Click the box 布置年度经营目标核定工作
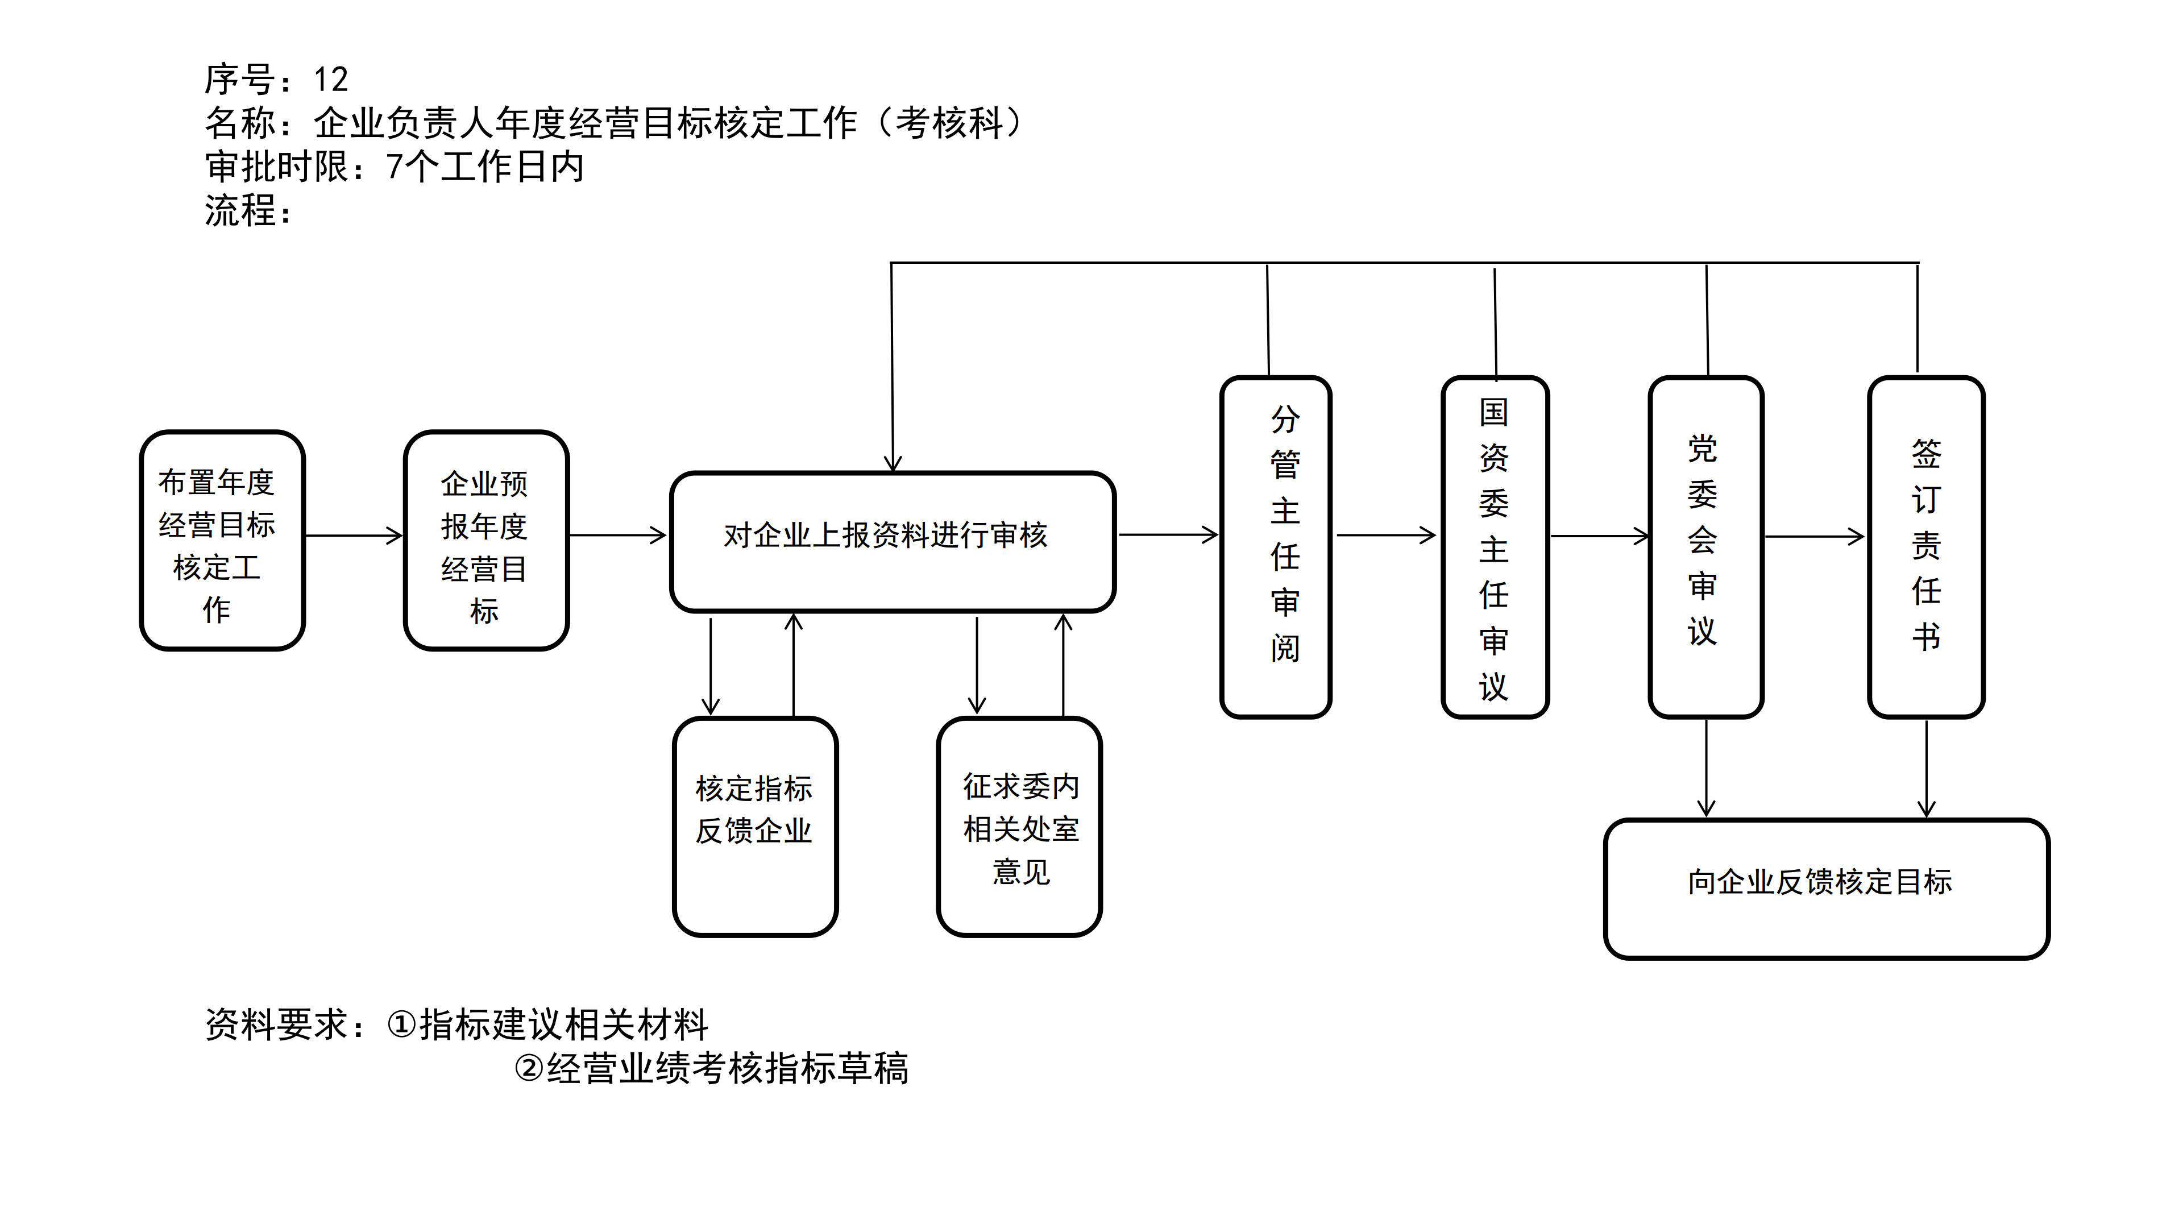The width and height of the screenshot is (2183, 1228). click(x=222, y=541)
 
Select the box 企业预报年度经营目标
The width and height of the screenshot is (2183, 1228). click(x=485, y=541)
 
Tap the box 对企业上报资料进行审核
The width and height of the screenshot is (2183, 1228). click(x=893, y=542)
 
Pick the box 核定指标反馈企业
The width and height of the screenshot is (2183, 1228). click(x=755, y=826)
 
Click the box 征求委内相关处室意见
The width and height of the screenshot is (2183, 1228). click(x=1019, y=826)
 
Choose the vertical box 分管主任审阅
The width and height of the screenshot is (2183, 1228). click(x=1275, y=546)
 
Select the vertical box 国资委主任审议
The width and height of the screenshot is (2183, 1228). click(x=1495, y=546)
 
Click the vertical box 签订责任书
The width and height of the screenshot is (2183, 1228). click(x=1925, y=546)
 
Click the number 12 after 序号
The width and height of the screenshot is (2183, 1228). click(x=330, y=80)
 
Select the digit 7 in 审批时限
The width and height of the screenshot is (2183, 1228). click(x=394, y=167)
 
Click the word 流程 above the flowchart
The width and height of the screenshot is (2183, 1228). click(x=240, y=210)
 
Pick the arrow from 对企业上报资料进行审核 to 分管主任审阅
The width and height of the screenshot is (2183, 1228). click(x=1168, y=535)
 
